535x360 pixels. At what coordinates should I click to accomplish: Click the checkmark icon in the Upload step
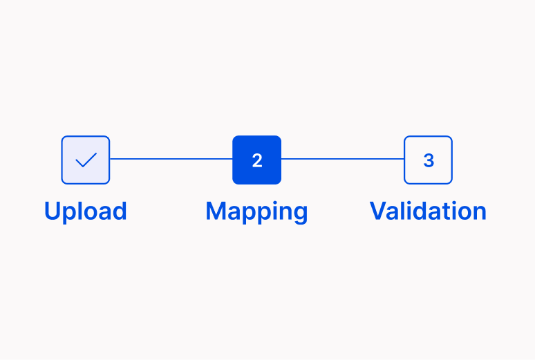tap(86, 160)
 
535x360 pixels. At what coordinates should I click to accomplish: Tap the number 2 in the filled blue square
tap(257, 160)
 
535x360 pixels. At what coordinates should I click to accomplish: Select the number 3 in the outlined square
tap(429, 160)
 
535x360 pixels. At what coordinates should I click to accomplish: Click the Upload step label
tap(86, 211)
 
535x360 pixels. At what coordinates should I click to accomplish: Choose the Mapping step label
tap(256, 211)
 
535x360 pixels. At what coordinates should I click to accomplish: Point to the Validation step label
tap(428, 211)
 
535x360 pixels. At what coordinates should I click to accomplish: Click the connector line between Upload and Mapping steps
tap(171, 159)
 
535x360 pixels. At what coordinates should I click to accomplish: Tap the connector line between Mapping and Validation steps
tap(343, 159)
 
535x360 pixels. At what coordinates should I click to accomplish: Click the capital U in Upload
tap(53, 211)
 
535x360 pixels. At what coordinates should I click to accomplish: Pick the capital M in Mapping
tap(216, 211)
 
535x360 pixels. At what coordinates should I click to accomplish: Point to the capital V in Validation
tap(379, 211)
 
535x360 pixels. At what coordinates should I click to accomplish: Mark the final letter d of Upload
tap(119, 211)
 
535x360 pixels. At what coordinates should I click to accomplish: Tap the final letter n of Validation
tap(479, 213)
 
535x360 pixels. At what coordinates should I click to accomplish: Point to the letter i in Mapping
tap(271, 211)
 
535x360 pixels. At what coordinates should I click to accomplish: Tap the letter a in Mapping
tap(234, 214)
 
